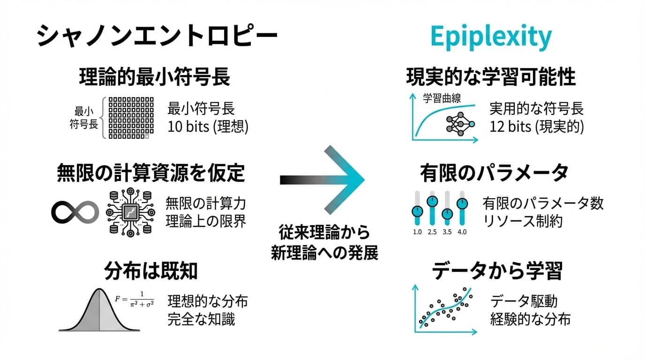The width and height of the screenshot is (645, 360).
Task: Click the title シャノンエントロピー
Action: [157, 37]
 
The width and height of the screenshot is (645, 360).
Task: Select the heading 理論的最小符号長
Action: [154, 77]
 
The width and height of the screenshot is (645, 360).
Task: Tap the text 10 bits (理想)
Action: [208, 127]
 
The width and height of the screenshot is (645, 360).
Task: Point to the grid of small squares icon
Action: [128, 117]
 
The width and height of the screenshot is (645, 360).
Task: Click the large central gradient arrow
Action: [322, 180]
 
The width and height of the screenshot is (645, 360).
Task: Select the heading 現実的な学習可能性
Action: [491, 77]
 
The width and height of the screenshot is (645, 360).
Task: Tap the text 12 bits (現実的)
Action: [537, 127]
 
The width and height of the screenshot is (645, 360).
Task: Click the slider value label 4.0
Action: [462, 232]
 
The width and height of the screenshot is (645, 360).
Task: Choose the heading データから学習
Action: [497, 270]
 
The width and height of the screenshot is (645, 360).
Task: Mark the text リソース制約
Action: [522, 221]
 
